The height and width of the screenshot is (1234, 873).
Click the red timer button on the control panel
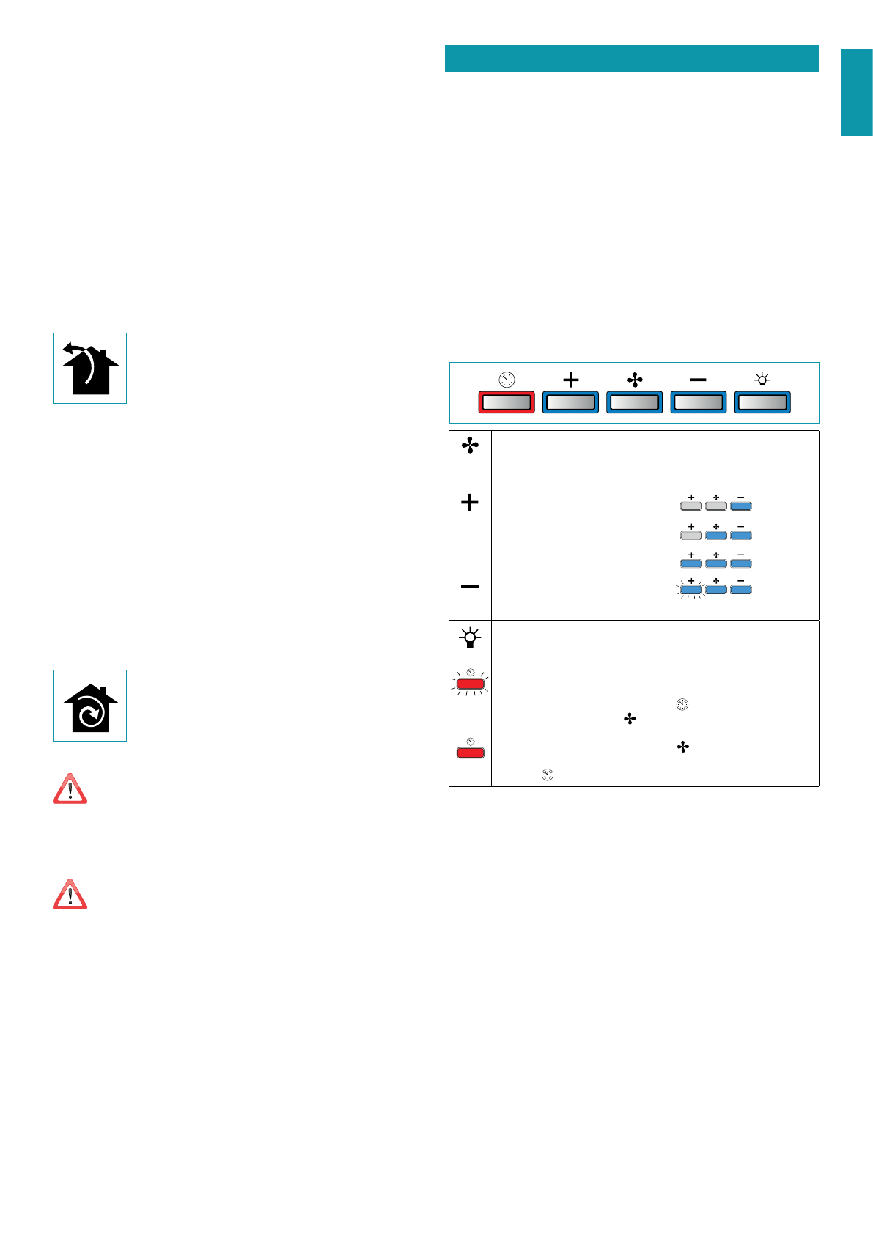click(x=507, y=402)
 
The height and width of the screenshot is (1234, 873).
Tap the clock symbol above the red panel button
click(x=507, y=380)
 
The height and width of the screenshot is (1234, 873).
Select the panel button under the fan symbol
click(x=635, y=402)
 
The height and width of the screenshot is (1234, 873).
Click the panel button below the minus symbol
click(x=699, y=402)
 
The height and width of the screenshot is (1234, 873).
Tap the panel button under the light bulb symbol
click(x=762, y=402)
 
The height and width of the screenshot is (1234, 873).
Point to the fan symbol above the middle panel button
click(x=635, y=380)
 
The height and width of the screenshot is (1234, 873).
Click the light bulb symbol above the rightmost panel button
click(x=762, y=380)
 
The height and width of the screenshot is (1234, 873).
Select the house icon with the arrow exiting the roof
click(x=89, y=368)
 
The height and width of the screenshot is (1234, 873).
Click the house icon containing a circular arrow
click(x=89, y=706)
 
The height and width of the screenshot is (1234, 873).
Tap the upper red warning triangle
click(x=70, y=790)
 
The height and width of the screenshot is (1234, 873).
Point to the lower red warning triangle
click(x=70, y=895)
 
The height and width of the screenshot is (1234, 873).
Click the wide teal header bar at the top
click(x=632, y=59)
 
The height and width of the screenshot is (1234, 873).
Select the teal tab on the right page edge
click(x=856, y=92)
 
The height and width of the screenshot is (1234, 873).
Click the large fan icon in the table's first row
click(x=470, y=445)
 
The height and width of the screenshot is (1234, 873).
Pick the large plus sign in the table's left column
click(x=470, y=503)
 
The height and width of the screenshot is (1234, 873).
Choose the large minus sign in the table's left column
click(x=470, y=586)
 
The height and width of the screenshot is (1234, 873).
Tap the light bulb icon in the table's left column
click(x=470, y=638)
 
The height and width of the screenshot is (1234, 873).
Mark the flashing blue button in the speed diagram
click(x=691, y=589)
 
